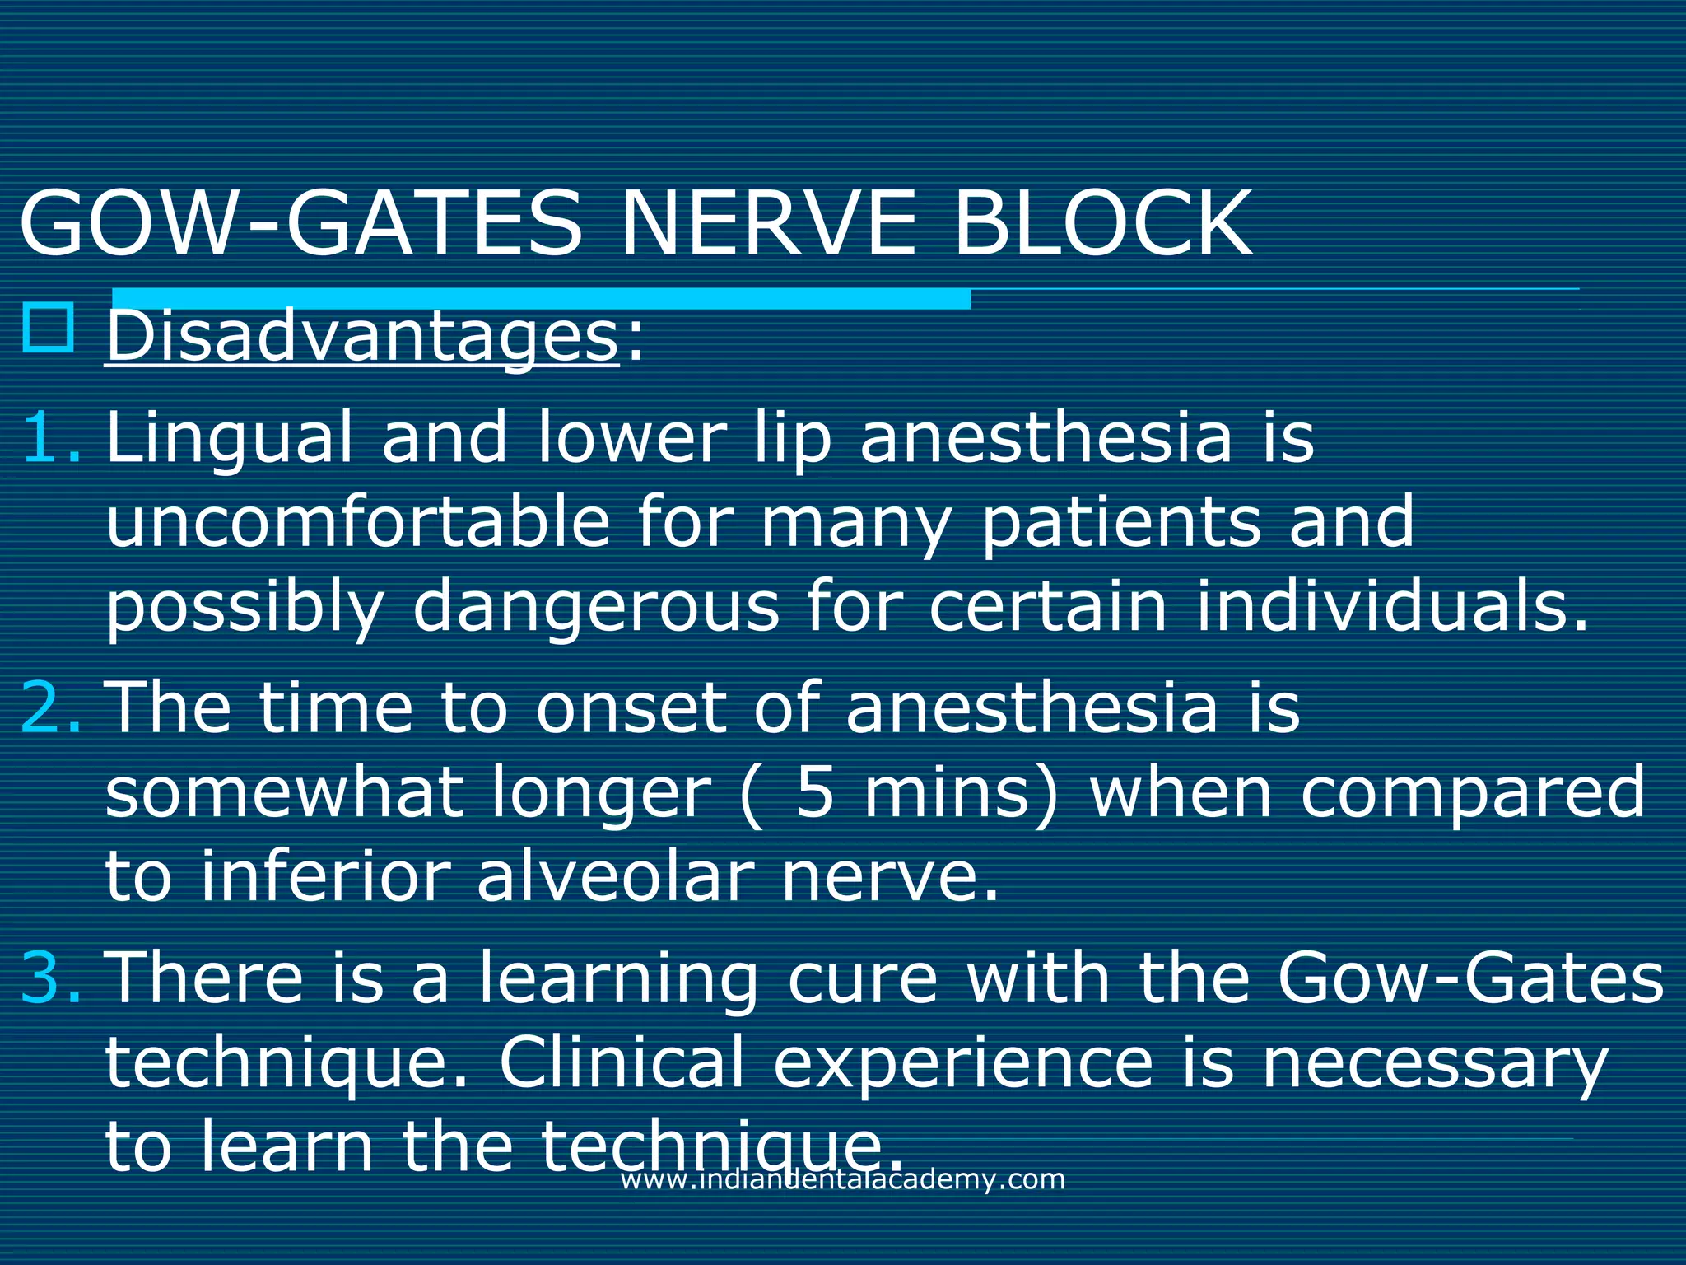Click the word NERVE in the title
(767, 224)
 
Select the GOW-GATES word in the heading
(301, 224)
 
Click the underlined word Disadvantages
(362, 338)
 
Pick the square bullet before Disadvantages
(49, 329)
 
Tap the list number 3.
(49, 978)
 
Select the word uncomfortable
(357, 522)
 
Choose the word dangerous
(595, 608)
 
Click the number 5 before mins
(815, 792)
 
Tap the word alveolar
(615, 876)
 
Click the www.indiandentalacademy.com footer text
(842, 1179)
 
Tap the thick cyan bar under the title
(541, 298)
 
